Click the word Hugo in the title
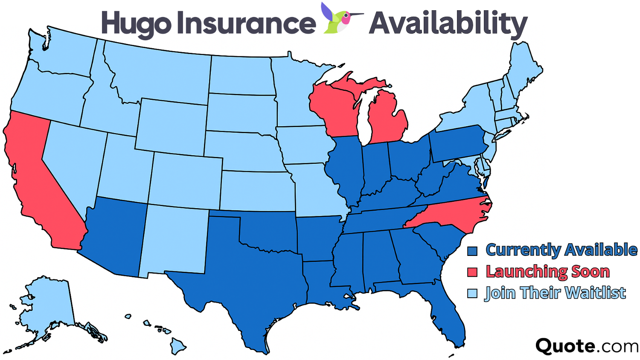[x=136, y=23]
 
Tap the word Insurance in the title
[x=246, y=23]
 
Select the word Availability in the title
[x=448, y=23]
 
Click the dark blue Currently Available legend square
[x=472, y=251]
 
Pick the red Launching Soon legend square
[x=472, y=272]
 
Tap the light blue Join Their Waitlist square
[x=472, y=293]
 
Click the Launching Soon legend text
[x=548, y=272]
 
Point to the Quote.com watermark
[x=586, y=346]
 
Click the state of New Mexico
[x=175, y=239]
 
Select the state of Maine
[x=523, y=68]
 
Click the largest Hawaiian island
[x=178, y=345]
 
